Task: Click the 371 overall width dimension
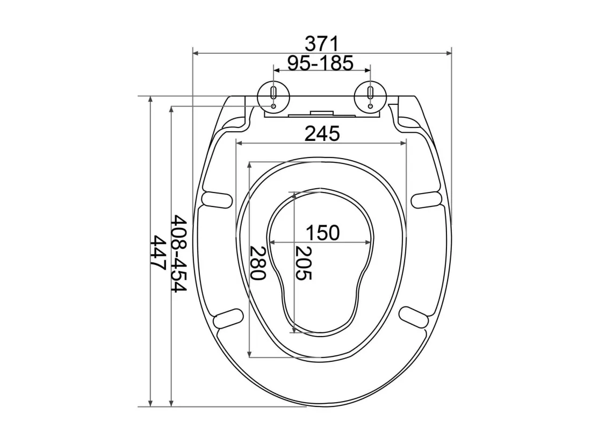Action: [321, 44]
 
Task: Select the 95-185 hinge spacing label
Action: [321, 63]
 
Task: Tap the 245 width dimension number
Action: [322, 133]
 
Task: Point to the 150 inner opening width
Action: [322, 233]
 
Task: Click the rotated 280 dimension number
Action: [258, 263]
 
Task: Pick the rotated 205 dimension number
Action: [304, 263]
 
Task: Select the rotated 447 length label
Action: [158, 253]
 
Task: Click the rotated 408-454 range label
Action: [179, 254]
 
